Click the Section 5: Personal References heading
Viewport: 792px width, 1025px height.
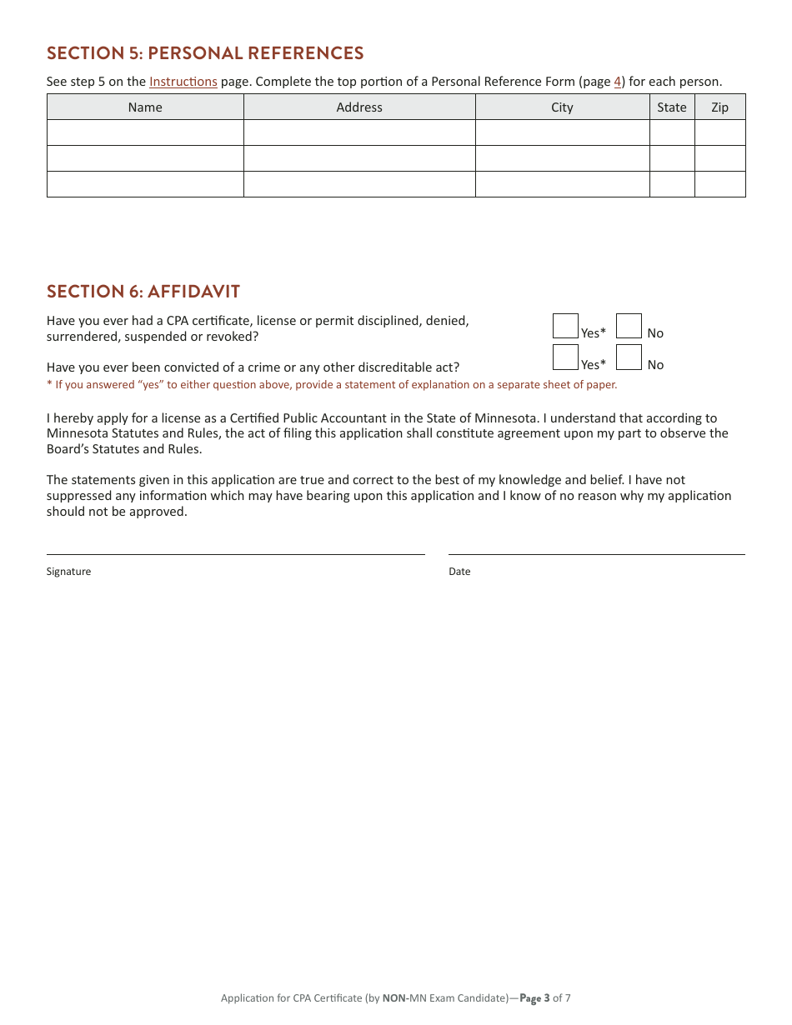pos(205,53)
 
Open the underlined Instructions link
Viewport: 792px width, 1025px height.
pos(183,82)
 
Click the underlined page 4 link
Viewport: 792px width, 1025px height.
pos(618,82)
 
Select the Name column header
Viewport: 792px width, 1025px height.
pos(145,107)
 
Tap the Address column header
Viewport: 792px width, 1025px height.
pos(359,107)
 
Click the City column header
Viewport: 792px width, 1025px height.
pos(562,107)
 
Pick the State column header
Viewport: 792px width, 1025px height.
pos(671,107)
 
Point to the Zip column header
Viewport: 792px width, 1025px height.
pos(719,107)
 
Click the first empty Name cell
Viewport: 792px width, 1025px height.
pos(145,132)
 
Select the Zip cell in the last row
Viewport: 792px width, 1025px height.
pos(719,184)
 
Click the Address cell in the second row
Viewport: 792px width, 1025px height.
pos(359,158)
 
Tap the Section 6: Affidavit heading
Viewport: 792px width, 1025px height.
pos(143,292)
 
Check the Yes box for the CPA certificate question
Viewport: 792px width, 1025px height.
pos(565,326)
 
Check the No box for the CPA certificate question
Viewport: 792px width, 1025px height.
pos(629,326)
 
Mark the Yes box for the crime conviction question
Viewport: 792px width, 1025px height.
pos(565,357)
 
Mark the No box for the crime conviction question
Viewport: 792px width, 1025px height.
pos(629,357)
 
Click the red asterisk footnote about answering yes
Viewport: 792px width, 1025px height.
pos(332,385)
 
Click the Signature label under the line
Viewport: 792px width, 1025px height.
pos(68,572)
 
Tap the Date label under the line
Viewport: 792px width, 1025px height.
pos(459,572)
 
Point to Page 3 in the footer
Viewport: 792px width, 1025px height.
pos(535,998)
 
